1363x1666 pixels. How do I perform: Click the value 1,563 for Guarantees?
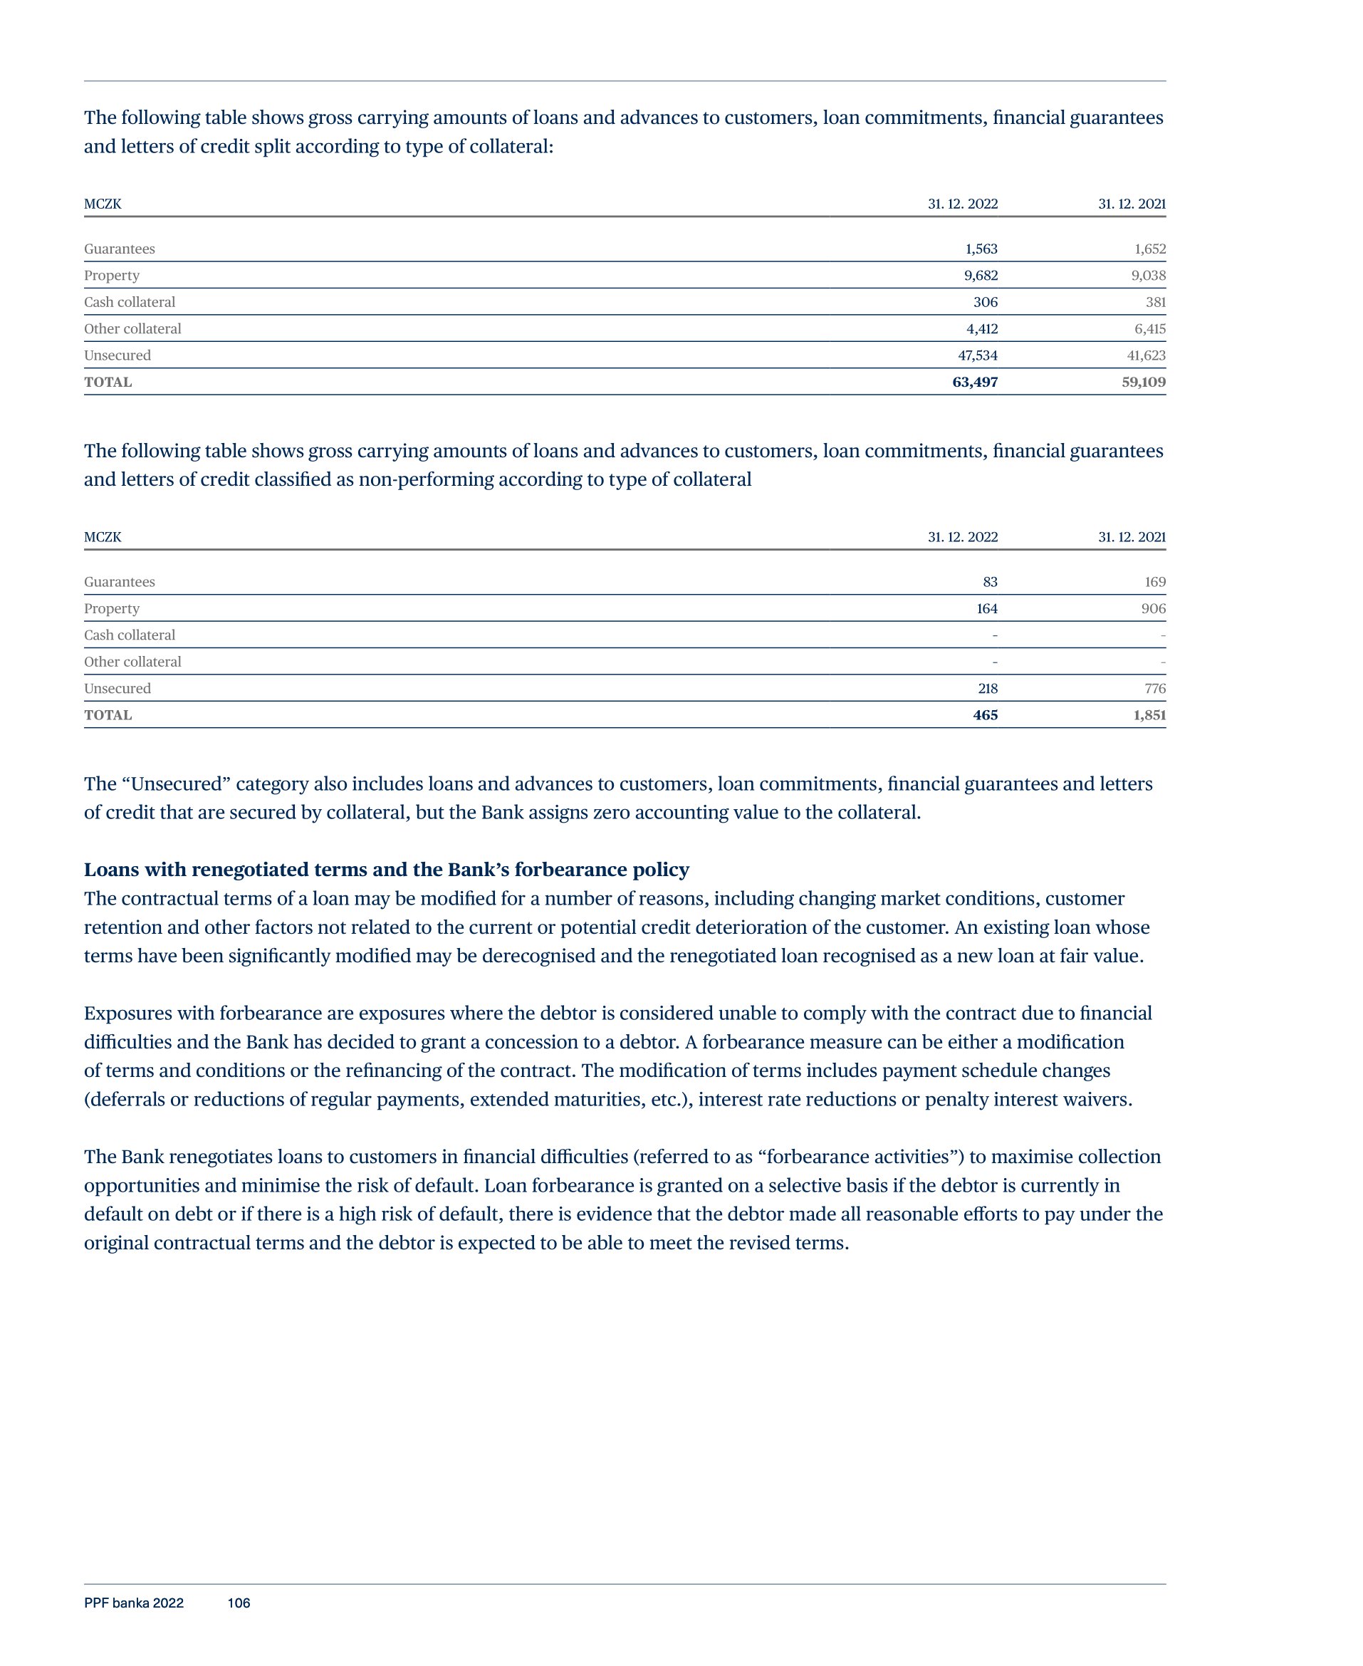point(981,249)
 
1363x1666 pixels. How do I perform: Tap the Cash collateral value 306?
point(986,302)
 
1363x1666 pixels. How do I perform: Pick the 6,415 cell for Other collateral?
point(1149,329)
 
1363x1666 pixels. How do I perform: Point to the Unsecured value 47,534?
point(978,355)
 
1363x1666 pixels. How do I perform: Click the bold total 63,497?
point(974,382)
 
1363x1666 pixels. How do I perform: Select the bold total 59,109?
point(1143,382)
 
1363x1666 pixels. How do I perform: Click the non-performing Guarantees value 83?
point(990,582)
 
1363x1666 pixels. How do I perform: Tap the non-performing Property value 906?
point(1154,608)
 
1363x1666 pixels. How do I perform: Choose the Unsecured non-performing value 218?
point(988,689)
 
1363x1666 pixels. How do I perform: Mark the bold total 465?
point(986,715)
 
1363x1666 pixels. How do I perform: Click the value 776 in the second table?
point(1154,689)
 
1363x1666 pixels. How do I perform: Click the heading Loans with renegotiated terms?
point(386,870)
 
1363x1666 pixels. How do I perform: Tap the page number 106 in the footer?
point(239,1603)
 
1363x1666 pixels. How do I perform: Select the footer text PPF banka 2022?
point(133,1603)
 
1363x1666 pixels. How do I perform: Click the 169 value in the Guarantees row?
point(1154,582)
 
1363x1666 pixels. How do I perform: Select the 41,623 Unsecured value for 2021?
point(1146,355)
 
